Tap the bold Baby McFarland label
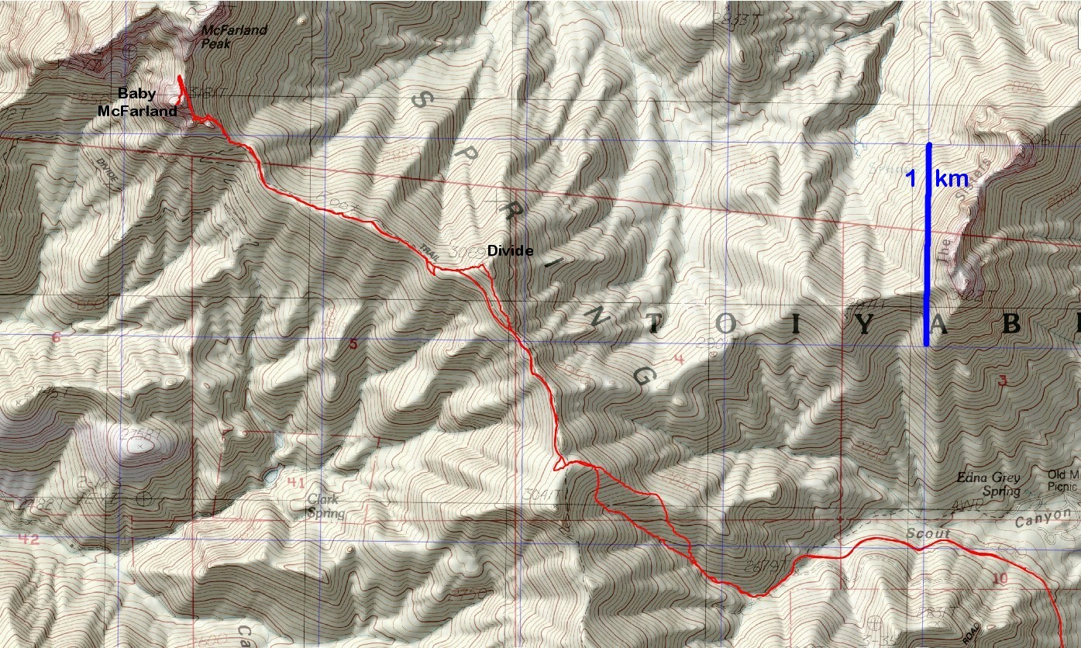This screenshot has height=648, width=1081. click(137, 102)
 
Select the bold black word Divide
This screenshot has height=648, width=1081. click(510, 251)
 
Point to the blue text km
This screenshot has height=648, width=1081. click(952, 179)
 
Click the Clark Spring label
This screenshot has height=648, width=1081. click(323, 506)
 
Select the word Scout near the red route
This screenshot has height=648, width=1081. click(926, 535)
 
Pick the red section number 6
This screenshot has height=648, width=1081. click(56, 337)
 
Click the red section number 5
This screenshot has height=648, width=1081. click(353, 343)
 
